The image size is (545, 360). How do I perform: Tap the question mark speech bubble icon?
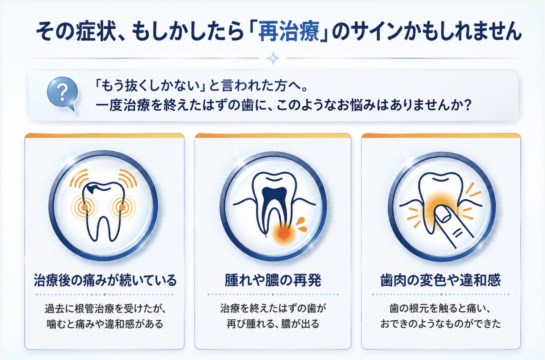pos(63,94)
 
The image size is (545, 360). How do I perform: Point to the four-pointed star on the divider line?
pos(273,58)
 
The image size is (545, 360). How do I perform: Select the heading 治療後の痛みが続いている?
pos(105,280)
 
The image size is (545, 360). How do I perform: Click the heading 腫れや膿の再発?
pos(273,280)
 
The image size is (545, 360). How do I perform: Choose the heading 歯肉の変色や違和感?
pos(440,280)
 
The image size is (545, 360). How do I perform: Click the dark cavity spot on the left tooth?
pos(93,188)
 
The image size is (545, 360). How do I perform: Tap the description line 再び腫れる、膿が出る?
pos(273,324)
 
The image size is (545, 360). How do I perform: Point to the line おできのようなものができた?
pos(440,324)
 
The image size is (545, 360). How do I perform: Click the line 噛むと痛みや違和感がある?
pos(105,324)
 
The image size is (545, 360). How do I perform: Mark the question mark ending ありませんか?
pos(467,106)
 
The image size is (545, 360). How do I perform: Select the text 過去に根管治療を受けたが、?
pos(105,309)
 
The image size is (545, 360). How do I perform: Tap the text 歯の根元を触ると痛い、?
pos(440,309)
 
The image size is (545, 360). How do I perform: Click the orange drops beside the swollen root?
pos(302,224)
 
